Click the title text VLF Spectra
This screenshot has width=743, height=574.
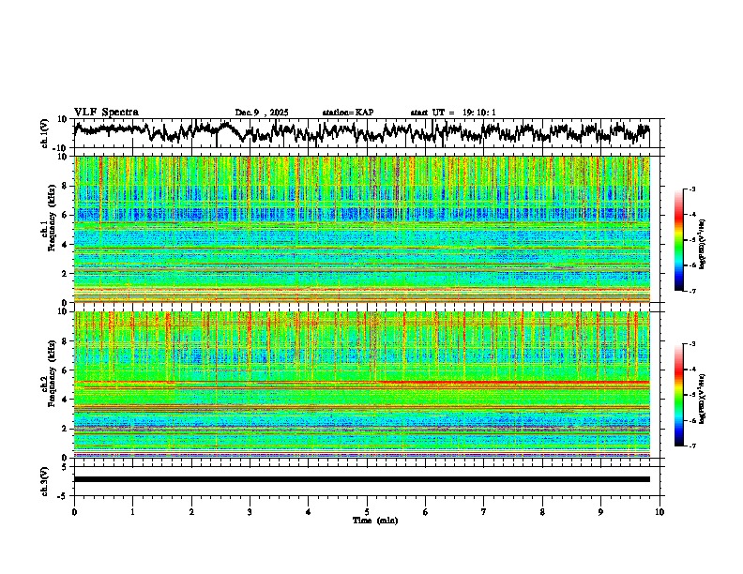(x=106, y=112)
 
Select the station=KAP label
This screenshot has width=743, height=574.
(x=347, y=113)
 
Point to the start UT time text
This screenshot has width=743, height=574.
(x=453, y=113)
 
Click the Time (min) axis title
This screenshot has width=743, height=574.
(x=374, y=520)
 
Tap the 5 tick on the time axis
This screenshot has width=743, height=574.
(x=367, y=512)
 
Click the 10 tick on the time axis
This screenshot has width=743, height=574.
(x=660, y=512)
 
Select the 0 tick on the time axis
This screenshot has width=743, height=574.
(x=74, y=512)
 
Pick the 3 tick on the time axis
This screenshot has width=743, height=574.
(x=250, y=512)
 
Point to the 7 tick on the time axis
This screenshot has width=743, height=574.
(x=484, y=512)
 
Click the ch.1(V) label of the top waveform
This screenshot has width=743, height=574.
(x=44, y=133)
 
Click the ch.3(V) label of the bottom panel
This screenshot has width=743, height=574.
(x=44, y=479)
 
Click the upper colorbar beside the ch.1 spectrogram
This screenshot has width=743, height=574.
(x=680, y=240)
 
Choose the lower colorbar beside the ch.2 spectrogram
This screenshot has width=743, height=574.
(x=680, y=395)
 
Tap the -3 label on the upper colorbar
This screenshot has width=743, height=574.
(x=691, y=189)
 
